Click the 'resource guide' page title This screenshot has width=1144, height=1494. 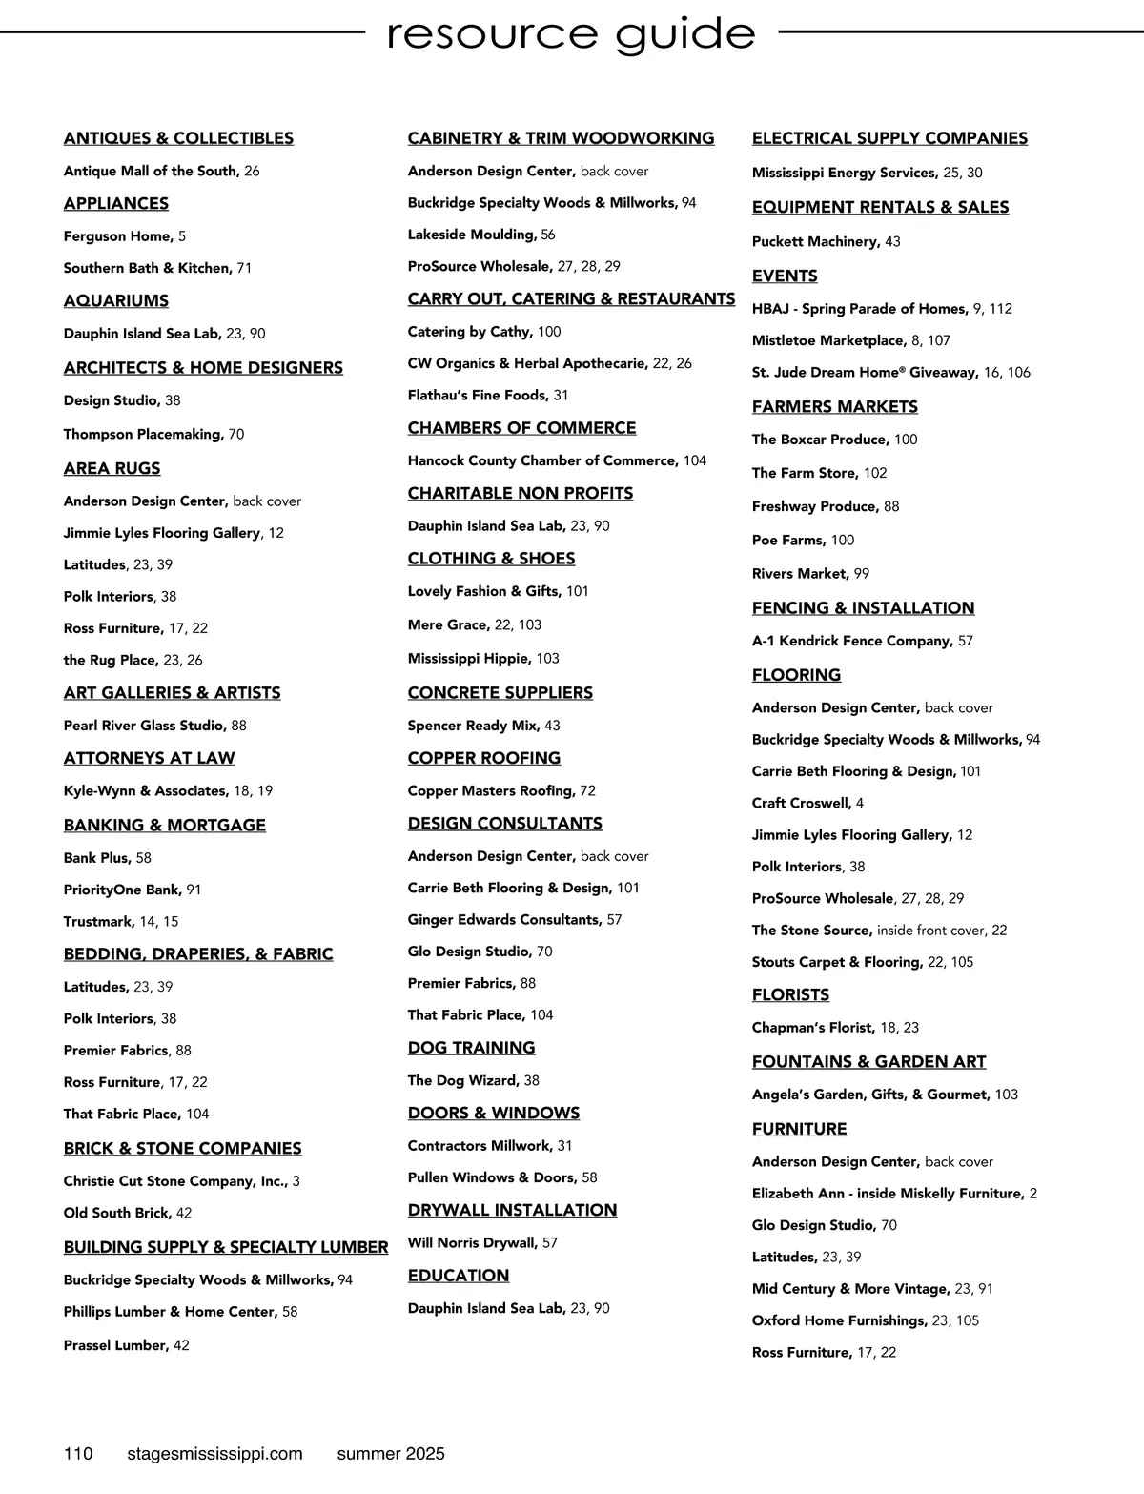(571, 34)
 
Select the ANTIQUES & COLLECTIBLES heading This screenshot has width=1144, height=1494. (178, 138)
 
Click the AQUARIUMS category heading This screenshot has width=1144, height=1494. (116, 301)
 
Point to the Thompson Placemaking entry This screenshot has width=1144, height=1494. (153, 434)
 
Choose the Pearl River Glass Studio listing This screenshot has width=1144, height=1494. (154, 726)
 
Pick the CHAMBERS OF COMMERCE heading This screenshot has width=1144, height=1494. (521, 428)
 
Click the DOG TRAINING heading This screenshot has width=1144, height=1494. (471, 1048)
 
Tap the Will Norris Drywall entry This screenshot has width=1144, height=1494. (482, 1242)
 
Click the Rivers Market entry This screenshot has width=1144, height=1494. (810, 574)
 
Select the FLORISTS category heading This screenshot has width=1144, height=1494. (790, 995)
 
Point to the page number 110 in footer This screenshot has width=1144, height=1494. (78, 1454)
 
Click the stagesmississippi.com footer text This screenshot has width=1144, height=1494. (214, 1454)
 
